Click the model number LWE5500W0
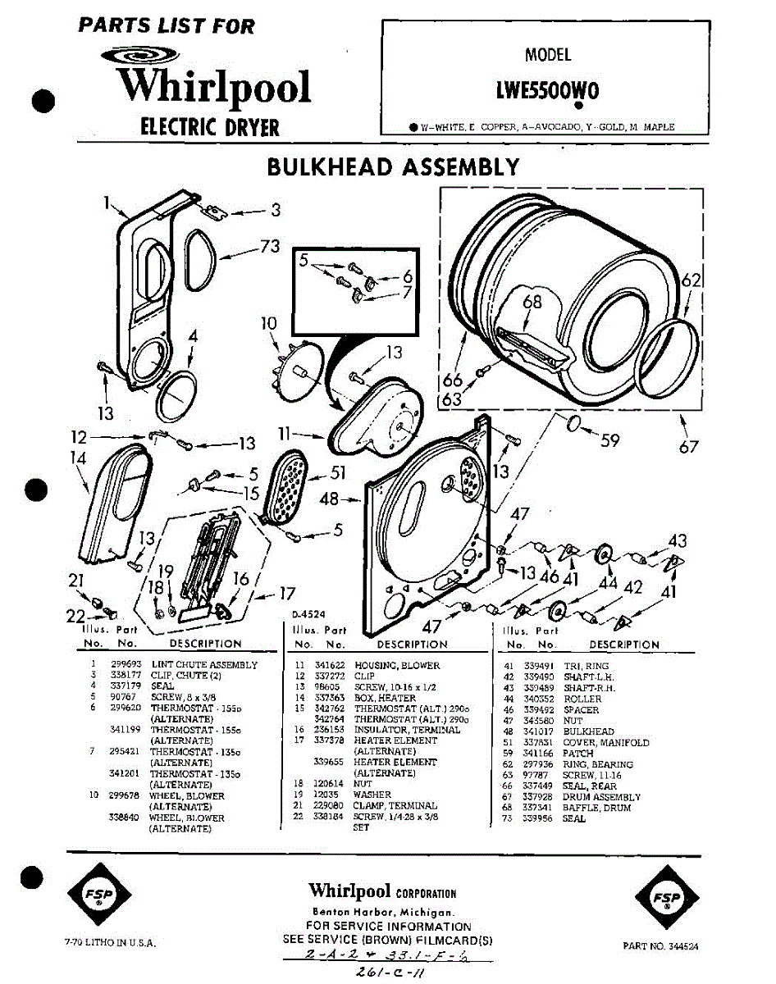point(547,90)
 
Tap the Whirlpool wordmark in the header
point(214,87)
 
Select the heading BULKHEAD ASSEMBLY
point(393,166)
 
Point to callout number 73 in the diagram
point(270,245)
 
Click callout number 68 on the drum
point(532,303)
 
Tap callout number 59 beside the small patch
point(609,440)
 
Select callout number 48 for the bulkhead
point(330,498)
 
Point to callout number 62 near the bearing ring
point(692,281)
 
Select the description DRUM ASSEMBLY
point(601,797)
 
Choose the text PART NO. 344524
point(660,945)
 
